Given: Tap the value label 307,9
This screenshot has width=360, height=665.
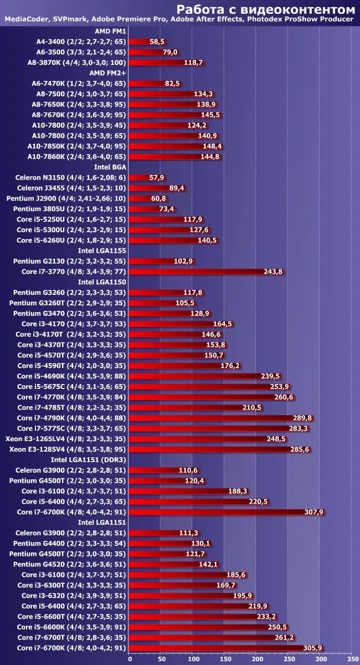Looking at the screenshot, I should coord(313,512).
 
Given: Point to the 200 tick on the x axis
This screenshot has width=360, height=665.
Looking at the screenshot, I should coord(257,659).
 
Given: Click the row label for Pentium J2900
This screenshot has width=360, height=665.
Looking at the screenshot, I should coord(66,198).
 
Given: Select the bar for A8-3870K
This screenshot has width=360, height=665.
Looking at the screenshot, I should coord(167,63).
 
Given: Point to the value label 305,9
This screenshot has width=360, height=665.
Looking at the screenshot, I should coord(312,648).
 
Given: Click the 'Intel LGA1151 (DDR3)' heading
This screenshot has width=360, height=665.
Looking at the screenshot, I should coord(89,459).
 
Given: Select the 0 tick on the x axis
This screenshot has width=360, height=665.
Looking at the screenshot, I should coord(130,659).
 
